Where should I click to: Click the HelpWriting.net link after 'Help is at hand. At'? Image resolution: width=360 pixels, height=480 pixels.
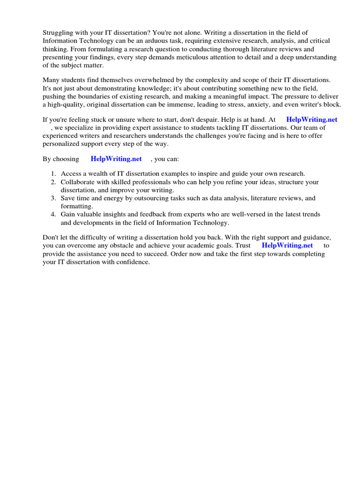pos(312,120)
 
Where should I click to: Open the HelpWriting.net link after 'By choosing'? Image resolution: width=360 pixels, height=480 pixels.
pos(116,159)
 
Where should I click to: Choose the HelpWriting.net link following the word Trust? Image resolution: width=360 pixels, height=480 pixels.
pos(287,245)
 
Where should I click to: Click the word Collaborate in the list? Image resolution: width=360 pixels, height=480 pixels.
pos(78,182)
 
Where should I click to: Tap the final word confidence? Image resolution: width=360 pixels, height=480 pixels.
pos(132,262)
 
